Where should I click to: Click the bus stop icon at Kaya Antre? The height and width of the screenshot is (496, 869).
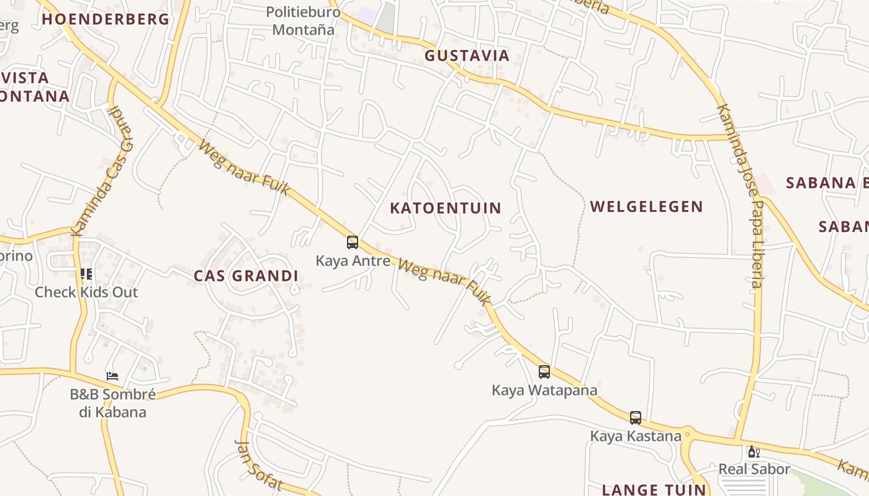(x=352, y=242)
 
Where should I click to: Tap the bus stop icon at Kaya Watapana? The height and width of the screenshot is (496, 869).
(x=544, y=371)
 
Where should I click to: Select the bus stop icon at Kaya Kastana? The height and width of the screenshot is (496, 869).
(x=635, y=417)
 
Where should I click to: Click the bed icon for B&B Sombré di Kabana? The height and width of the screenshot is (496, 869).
(x=112, y=376)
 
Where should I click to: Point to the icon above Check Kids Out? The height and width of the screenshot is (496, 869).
(x=86, y=273)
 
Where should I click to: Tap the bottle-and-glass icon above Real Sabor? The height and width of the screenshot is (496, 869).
(x=754, y=451)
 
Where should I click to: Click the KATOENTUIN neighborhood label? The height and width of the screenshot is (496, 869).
(x=445, y=208)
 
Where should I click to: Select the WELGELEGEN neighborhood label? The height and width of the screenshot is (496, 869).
(x=646, y=206)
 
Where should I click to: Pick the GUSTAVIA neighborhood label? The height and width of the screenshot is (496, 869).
(x=467, y=56)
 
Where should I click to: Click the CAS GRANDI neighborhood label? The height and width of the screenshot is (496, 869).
(x=246, y=276)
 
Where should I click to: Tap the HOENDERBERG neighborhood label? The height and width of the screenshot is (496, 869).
(x=106, y=19)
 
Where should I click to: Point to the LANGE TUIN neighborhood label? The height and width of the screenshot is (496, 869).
(x=654, y=489)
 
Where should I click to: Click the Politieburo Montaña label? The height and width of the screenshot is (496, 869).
(x=304, y=20)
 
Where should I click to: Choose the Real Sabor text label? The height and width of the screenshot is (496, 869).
(x=754, y=469)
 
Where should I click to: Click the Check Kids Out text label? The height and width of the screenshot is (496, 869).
(x=86, y=292)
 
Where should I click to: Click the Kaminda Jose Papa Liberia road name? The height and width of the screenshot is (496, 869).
(x=740, y=195)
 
